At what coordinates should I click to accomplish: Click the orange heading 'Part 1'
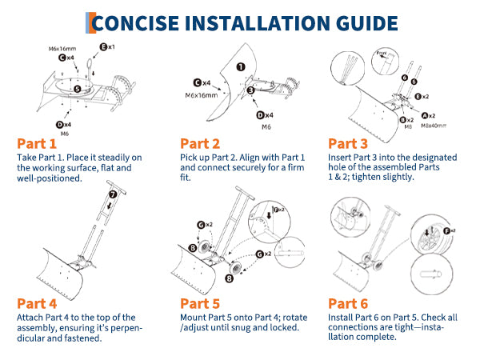37,144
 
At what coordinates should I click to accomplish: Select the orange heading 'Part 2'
200,144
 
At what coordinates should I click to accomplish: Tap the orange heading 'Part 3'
349,144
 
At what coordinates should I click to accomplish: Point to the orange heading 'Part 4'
37,303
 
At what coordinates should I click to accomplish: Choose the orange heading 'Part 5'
200,303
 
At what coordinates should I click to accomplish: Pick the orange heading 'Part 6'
349,303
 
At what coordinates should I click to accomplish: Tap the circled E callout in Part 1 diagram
102,48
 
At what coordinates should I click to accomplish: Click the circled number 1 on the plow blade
241,69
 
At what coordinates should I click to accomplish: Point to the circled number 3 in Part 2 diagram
251,91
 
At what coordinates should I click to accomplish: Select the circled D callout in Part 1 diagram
60,124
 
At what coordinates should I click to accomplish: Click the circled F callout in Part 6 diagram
439,231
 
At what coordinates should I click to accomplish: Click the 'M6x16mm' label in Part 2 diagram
202,95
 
